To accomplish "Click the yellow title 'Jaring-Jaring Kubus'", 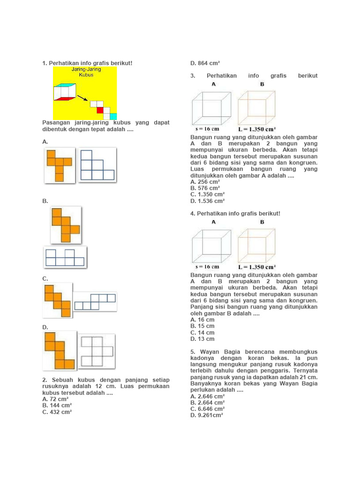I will pyautogui.click(x=86, y=72).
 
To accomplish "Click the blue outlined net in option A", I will pyautogui.click(x=97, y=165).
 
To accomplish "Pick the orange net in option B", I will pyautogui.click(x=65, y=225).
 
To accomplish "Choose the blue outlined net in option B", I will pyautogui.click(x=65, y=257).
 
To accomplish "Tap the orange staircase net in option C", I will pyautogui.click(x=58, y=300).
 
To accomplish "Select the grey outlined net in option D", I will pyautogui.click(x=97, y=351).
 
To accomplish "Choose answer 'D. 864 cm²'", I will pyautogui.click(x=205, y=63).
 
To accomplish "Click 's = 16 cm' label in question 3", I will pyautogui.click(x=207, y=129).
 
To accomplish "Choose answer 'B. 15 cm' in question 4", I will pyautogui.click(x=202, y=326).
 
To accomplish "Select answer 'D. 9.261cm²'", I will pyautogui.click(x=206, y=415).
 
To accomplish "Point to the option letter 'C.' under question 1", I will pyautogui.click(x=45, y=279).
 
